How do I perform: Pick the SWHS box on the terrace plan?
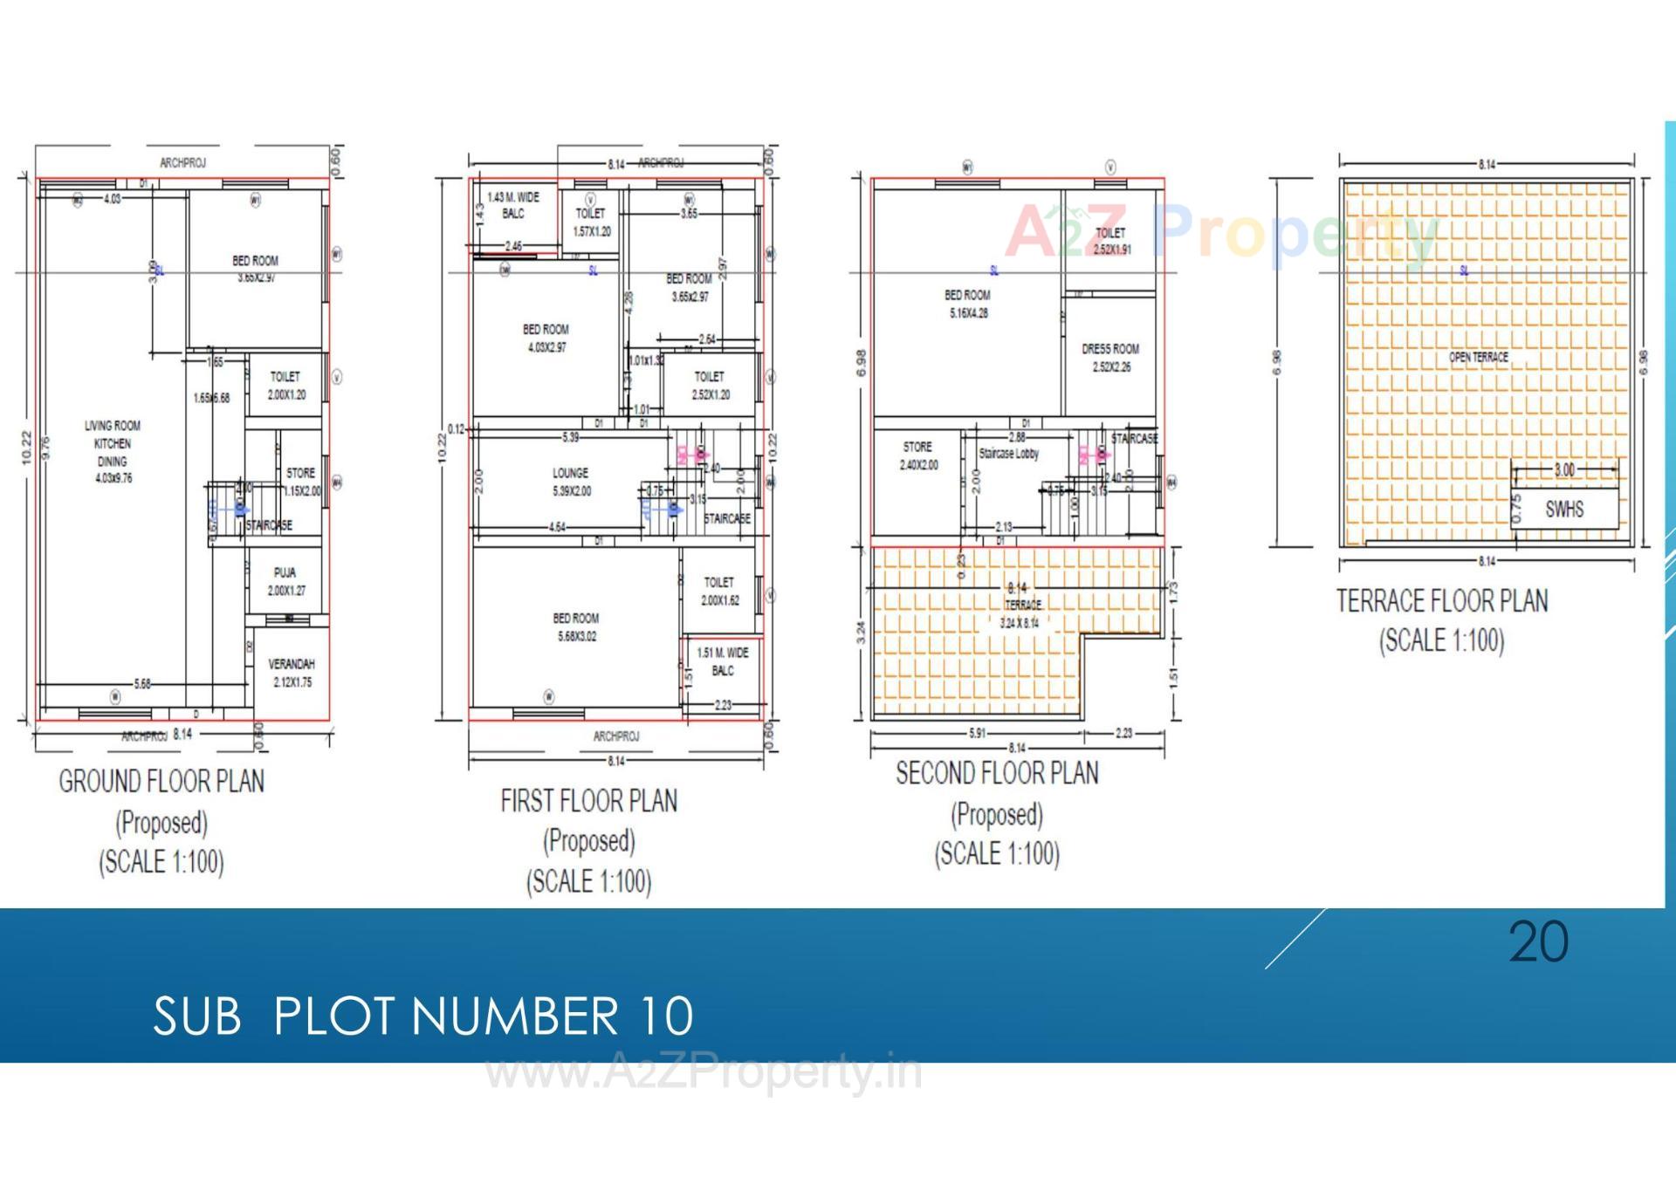point(1564,510)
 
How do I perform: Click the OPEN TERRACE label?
point(1479,357)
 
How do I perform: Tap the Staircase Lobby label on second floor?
point(1009,454)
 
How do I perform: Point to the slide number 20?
point(1538,942)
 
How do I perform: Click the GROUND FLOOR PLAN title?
point(161,781)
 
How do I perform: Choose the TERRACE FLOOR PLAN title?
point(1442,601)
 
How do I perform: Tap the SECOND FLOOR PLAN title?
point(997,773)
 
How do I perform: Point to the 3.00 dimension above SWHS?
point(1565,469)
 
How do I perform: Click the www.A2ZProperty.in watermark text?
point(704,1072)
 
